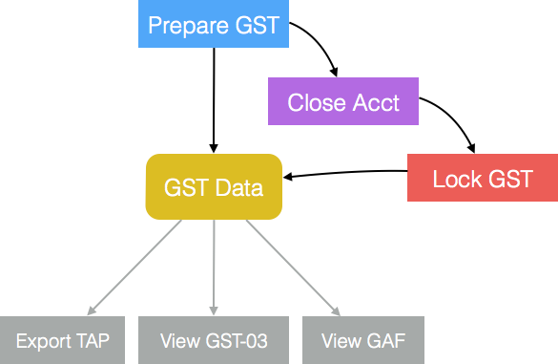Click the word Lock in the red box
tap(456, 179)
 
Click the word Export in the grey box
tap(42, 341)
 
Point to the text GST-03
tap(236, 341)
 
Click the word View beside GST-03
tap(180, 341)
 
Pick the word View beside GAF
tap(341, 341)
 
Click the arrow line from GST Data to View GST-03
tap(214, 263)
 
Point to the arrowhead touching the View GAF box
tap(337, 309)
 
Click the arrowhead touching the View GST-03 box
tap(215, 309)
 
